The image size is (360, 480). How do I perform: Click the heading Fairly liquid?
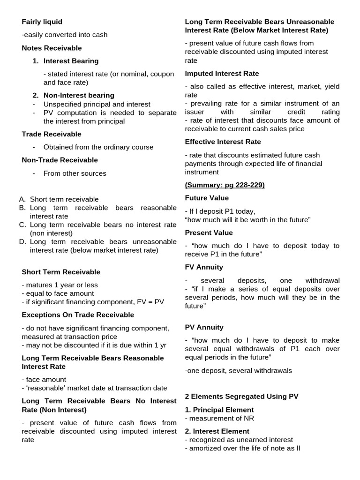pyautogui.click(x=42, y=22)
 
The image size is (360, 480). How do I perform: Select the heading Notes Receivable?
pyautogui.click(x=52, y=48)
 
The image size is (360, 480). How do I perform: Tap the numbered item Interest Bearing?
pyautogui.click(x=71, y=61)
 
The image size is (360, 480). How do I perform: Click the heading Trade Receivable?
pyautogui.click(x=52, y=134)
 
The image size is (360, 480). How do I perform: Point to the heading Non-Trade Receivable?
pyautogui.click(x=60, y=160)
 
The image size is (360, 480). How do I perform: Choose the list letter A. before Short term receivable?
pyautogui.click(x=23, y=199)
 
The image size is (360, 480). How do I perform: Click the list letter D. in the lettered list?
pyautogui.click(x=23, y=242)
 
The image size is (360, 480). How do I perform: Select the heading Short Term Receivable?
pyautogui.click(x=61, y=272)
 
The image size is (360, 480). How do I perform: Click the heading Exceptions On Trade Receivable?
pyautogui.click(x=78, y=315)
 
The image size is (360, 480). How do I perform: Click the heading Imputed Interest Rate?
pyautogui.click(x=222, y=74)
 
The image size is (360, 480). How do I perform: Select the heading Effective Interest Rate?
pyautogui.click(x=223, y=142)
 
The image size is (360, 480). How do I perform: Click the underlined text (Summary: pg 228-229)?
pyautogui.click(x=225, y=185)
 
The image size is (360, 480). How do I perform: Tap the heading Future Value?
pyautogui.click(x=207, y=198)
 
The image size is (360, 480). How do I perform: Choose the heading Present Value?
pyautogui.click(x=209, y=232)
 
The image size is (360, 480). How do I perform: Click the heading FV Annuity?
pyautogui.click(x=204, y=267)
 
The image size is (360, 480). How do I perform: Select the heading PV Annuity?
pyautogui.click(x=204, y=327)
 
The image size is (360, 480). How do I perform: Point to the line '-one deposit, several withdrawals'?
pyautogui.click(x=238, y=370)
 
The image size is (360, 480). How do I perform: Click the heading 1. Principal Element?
pyautogui.click(x=219, y=410)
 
